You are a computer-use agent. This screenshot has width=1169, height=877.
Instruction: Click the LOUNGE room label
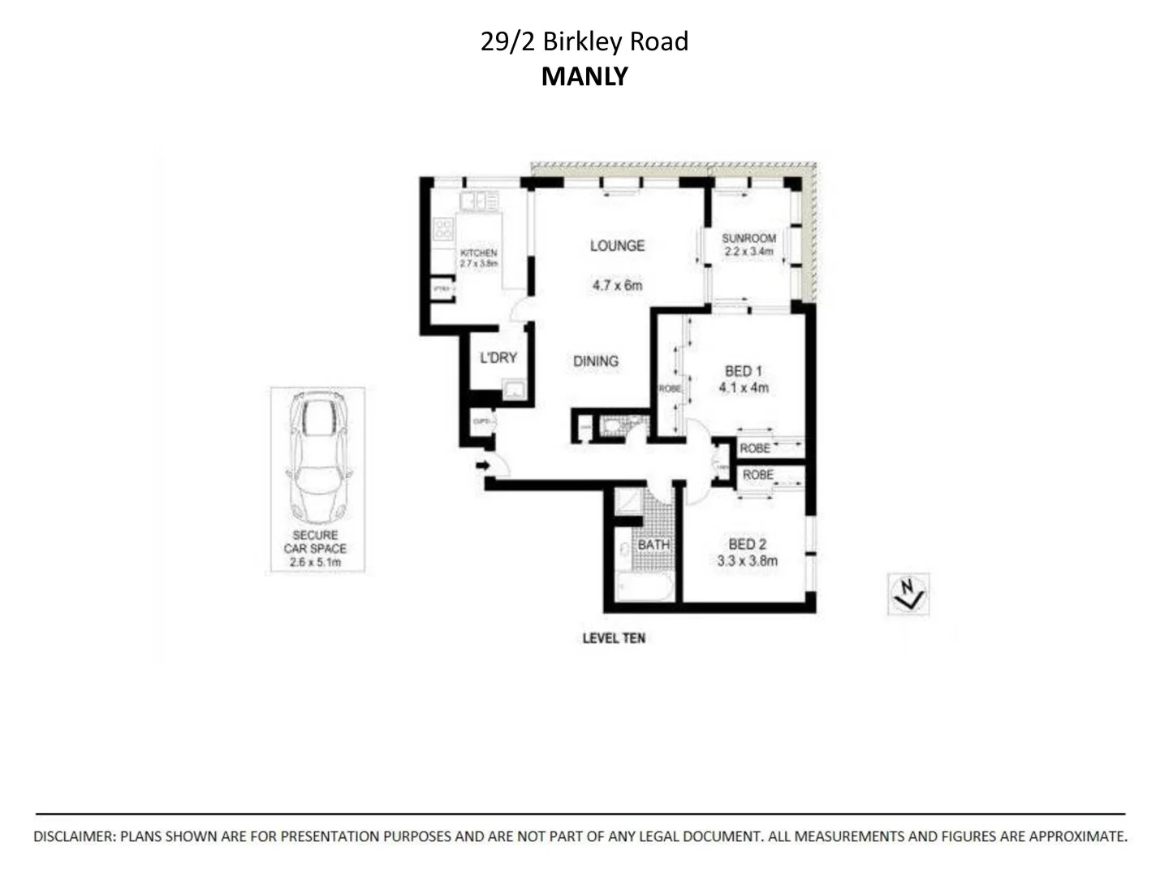pyautogui.click(x=617, y=245)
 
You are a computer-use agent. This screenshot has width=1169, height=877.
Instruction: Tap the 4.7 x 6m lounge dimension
pyautogui.click(x=617, y=285)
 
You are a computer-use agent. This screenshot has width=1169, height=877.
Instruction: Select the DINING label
pyautogui.click(x=596, y=361)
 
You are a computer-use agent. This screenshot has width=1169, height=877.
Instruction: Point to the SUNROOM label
pyautogui.click(x=748, y=238)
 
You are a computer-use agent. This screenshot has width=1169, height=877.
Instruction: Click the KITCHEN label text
pyautogui.click(x=478, y=253)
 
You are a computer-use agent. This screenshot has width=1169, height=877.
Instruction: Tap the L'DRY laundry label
pyautogui.click(x=498, y=357)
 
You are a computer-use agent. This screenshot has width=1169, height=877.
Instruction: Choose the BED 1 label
pyautogui.click(x=743, y=371)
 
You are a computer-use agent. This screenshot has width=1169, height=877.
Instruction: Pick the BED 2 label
pyautogui.click(x=747, y=544)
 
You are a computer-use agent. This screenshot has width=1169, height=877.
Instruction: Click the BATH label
pyautogui.click(x=654, y=544)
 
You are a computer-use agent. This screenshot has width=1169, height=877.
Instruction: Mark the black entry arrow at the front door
pyautogui.click(x=482, y=465)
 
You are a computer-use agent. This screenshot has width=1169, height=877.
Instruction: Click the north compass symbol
pyautogui.click(x=908, y=594)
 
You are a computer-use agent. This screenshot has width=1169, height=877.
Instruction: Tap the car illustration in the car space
pyautogui.click(x=317, y=458)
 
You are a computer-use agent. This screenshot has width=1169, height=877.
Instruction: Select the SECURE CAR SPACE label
pyautogui.click(x=315, y=542)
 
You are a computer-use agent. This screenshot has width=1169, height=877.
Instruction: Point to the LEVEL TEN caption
pyautogui.click(x=614, y=638)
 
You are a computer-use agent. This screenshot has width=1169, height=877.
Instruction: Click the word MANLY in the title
pyautogui.click(x=584, y=76)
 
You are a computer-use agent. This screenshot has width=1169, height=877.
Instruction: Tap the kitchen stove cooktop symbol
pyautogui.click(x=443, y=229)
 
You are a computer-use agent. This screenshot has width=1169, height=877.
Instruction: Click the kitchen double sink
pyautogui.click(x=478, y=201)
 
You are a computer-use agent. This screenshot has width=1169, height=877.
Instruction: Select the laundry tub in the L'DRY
pyautogui.click(x=513, y=392)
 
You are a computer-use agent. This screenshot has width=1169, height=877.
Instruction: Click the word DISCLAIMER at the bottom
pyautogui.click(x=73, y=836)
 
